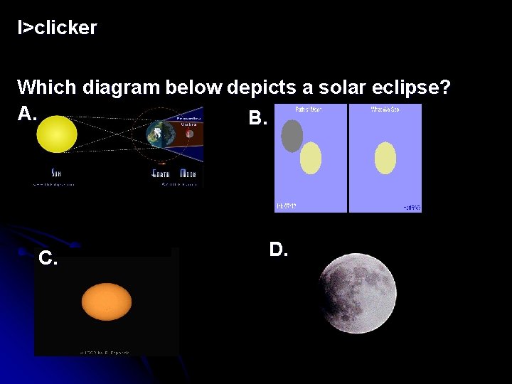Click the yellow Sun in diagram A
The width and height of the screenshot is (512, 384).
click(57, 134)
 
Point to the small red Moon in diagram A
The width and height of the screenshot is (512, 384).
click(189, 133)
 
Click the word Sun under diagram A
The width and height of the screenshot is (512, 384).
click(56, 173)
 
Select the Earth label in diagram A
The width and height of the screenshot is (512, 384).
click(162, 173)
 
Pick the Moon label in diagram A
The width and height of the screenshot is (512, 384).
click(188, 173)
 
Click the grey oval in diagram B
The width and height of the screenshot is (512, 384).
click(292, 136)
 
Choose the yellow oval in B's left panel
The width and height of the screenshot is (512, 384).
click(311, 158)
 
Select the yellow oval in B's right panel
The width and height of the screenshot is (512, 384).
click(385, 158)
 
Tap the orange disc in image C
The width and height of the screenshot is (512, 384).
click(107, 302)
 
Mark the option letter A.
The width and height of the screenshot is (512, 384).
click(26, 113)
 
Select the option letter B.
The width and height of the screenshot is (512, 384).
click(257, 118)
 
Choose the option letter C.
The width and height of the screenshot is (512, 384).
click(48, 258)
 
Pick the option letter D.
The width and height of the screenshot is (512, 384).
click(278, 249)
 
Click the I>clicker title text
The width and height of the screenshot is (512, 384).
click(58, 28)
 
